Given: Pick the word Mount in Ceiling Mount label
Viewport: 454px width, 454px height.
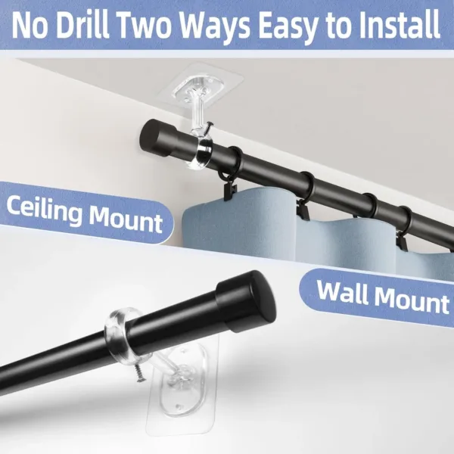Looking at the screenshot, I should (123, 219).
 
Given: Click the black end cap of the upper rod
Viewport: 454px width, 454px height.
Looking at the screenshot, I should (155, 138).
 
